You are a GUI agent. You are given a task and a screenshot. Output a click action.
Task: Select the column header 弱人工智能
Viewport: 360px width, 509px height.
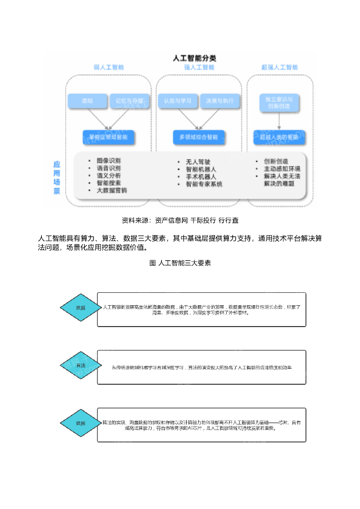pyautogui.click(x=109, y=67)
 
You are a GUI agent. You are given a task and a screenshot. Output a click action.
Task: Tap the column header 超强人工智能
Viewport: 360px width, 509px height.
pyautogui.click(x=279, y=67)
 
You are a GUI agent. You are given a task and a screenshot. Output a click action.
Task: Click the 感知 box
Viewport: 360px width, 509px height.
pyautogui.click(x=87, y=101)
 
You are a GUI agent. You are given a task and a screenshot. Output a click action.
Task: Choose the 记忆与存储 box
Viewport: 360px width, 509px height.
pyautogui.click(x=129, y=101)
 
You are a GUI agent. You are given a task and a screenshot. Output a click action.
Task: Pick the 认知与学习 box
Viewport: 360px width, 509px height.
pyautogui.click(x=178, y=101)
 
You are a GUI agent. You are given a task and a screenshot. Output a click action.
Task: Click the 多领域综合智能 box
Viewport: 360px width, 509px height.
pyautogui.click(x=198, y=137)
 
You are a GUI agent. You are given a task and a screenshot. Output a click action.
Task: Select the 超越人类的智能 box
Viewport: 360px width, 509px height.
pyautogui.click(x=279, y=137)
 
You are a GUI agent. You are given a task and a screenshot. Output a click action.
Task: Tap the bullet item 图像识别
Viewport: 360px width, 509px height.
pyautogui.click(x=108, y=161)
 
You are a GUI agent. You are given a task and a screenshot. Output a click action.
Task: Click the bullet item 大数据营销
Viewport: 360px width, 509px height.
pyautogui.click(x=111, y=190)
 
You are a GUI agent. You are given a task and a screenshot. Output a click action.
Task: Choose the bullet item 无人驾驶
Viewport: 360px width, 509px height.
pyautogui.click(x=198, y=162)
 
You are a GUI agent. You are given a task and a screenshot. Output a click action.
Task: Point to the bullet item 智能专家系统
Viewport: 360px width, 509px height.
pyautogui.click(x=204, y=184)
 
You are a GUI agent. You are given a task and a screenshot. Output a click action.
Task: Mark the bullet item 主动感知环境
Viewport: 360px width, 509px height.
pyautogui.click(x=282, y=169)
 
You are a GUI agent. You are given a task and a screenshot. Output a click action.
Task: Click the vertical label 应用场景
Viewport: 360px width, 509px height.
pyautogui.click(x=57, y=177)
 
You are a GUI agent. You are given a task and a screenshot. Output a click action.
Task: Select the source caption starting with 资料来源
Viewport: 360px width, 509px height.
pyautogui.click(x=180, y=220)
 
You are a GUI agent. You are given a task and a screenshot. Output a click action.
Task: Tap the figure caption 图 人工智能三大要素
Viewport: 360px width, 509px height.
pyautogui.click(x=180, y=263)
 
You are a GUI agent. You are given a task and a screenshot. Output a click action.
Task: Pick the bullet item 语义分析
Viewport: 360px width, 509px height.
pyautogui.click(x=108, y=175)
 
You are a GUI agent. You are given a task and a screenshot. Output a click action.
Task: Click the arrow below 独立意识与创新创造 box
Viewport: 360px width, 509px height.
pyautogui.click(x=279, y=120)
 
